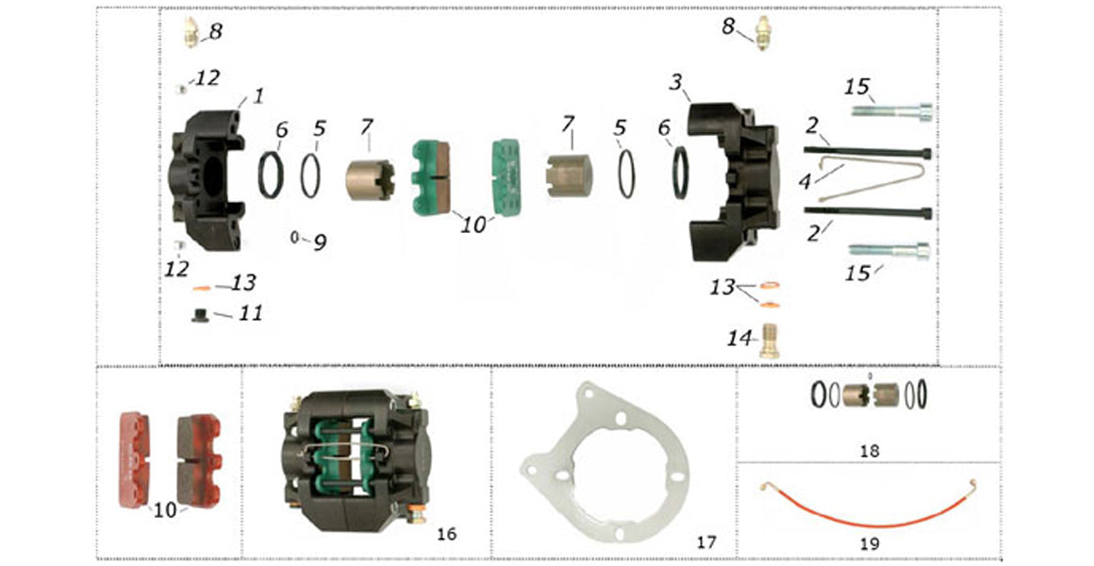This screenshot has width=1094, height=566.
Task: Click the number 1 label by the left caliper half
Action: click(257, 96)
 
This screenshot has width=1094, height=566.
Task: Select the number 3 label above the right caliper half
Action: click(675, 82)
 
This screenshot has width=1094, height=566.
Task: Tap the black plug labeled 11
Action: click(200, 315)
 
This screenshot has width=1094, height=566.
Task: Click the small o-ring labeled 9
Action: click(295, 238)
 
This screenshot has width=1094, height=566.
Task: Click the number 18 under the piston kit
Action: click(869, 452)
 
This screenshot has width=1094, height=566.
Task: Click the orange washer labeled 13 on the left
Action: click(201, 287)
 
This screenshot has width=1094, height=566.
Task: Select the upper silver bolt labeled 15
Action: click(891, 110)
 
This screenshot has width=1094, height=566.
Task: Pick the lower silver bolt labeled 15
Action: click(888, 250)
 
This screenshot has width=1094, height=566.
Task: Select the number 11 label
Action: click(250, 312)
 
